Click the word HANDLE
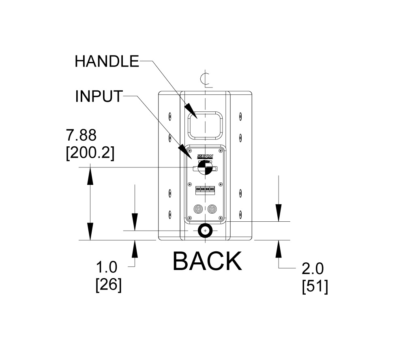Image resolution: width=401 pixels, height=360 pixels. click(x=107, y=61)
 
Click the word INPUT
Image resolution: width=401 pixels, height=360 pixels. click(x=99, y=96)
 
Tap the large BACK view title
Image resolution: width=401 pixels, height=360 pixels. click(x=207, y=261)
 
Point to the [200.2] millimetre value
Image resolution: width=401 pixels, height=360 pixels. click(x=90, y=153)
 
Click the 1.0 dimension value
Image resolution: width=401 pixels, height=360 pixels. click(x=106, y=268)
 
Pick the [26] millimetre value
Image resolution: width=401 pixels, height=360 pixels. click(x=108, y=285)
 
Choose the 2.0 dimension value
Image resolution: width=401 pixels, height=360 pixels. click(x=313, y=268)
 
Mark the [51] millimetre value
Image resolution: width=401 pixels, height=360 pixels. click(x=315, y=286)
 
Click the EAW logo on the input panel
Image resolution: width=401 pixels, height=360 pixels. click(x=206, y=156)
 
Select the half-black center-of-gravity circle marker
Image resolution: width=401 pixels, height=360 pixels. click(x=205, y=167)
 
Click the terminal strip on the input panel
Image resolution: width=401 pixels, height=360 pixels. click(x=206, y=189)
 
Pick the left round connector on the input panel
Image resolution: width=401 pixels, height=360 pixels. click(x=199, y=210)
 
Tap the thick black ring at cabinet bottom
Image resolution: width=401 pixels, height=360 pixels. click(x=206, y=230)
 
